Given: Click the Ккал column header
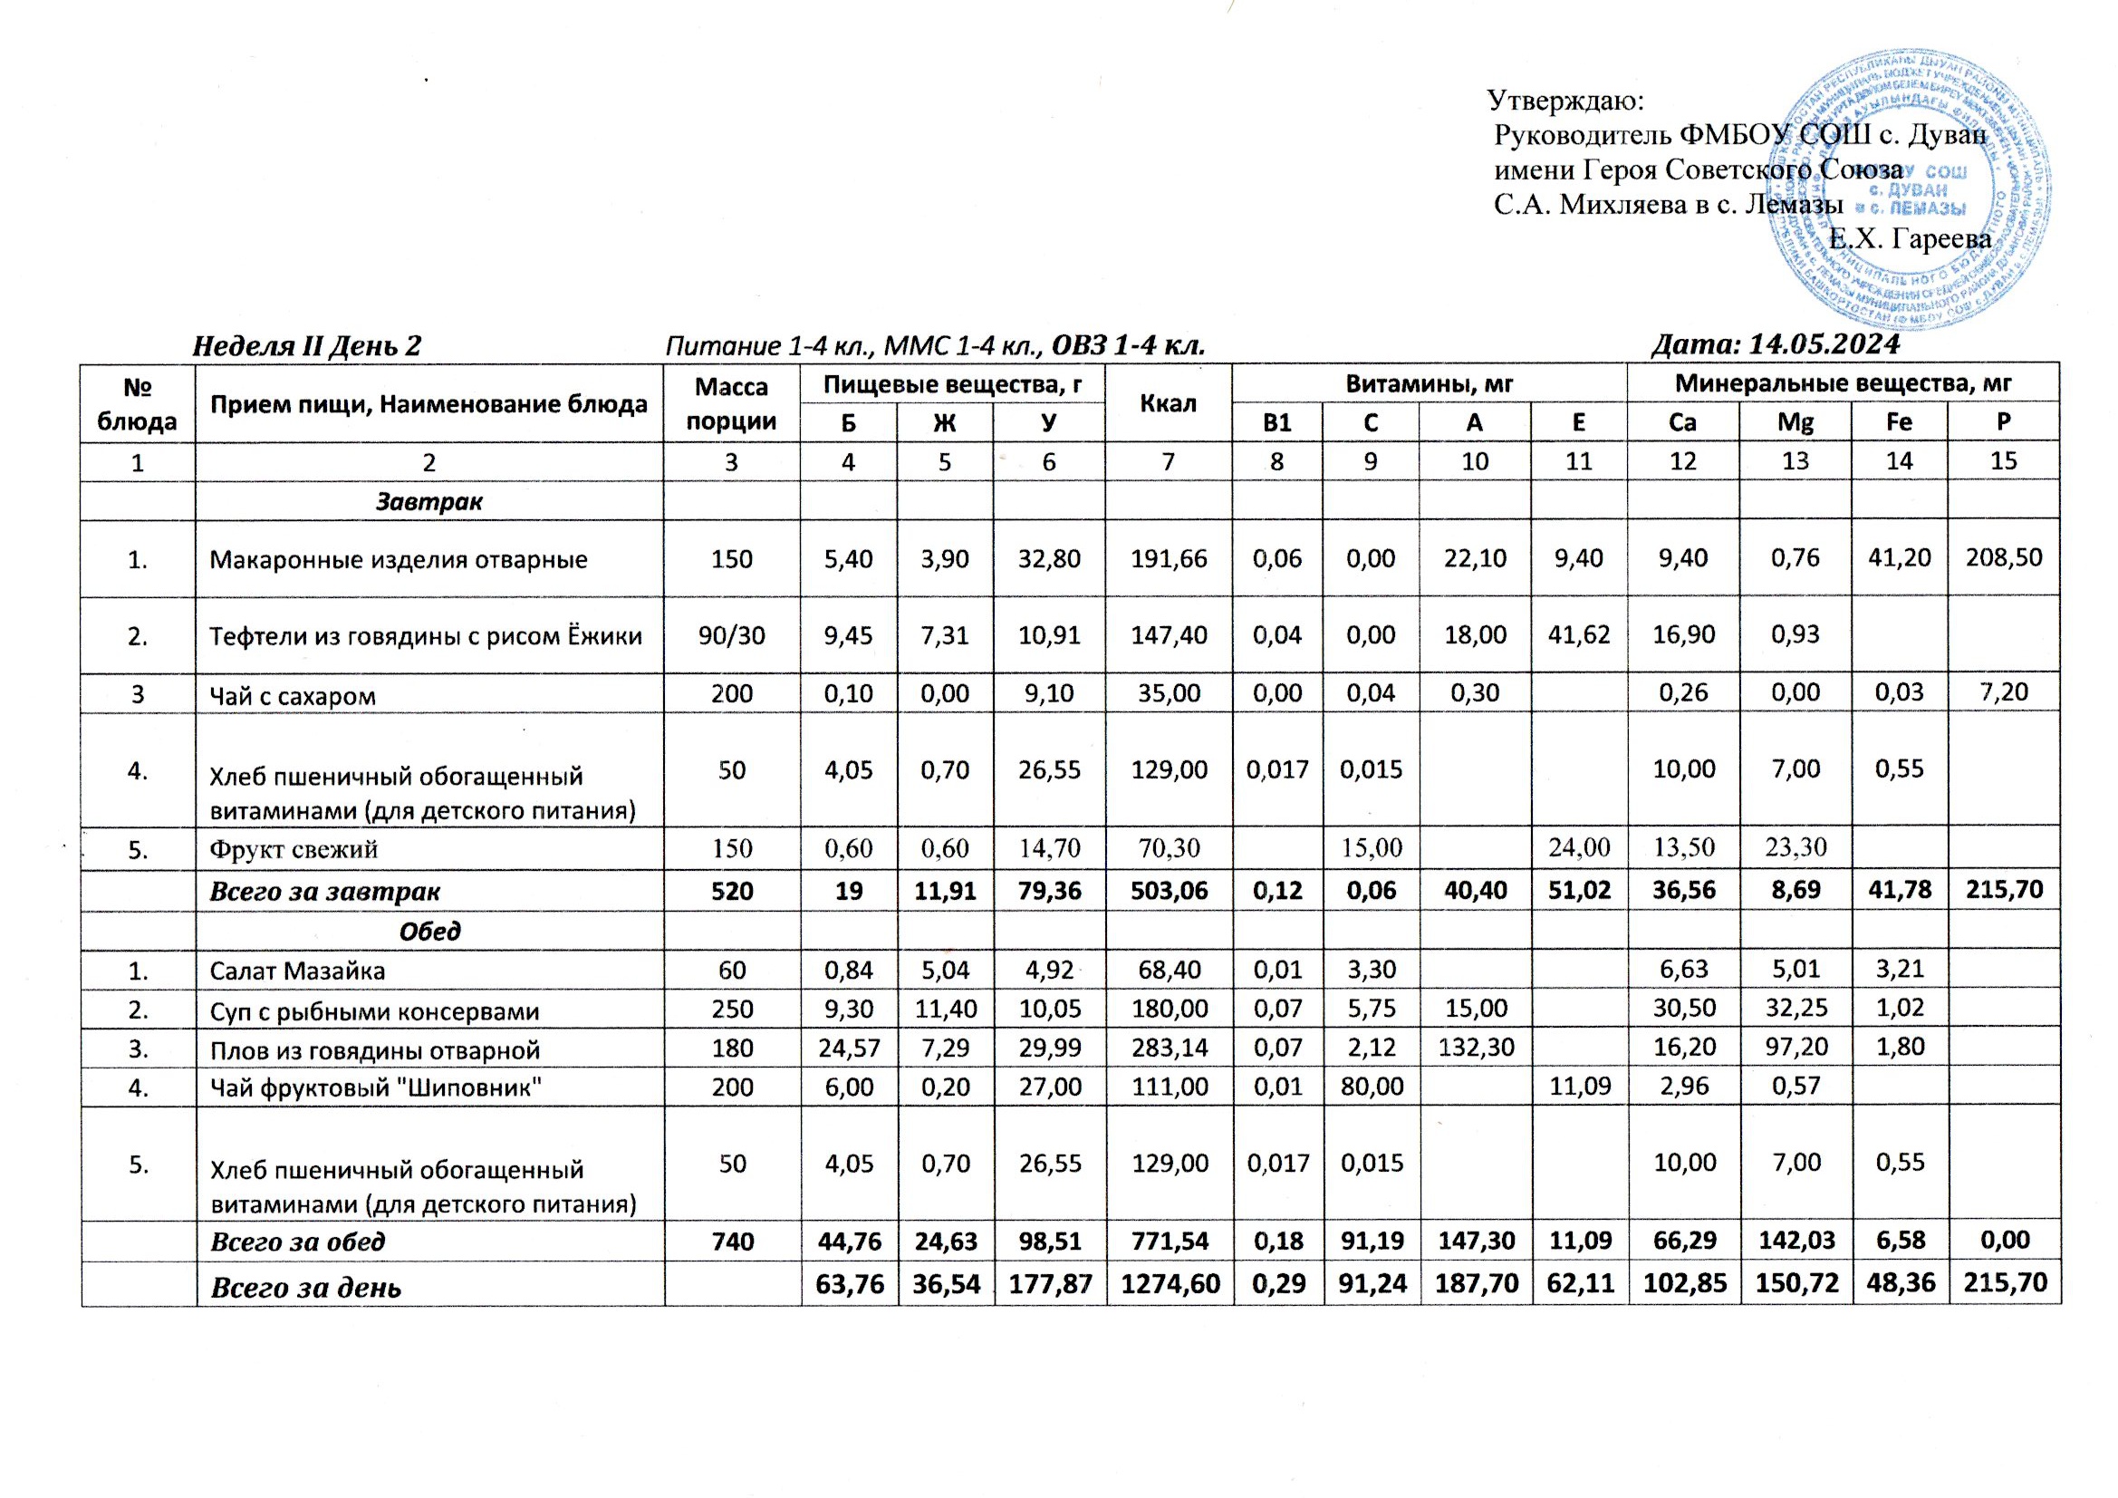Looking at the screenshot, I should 1168,403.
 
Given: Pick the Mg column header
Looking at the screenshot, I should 1795,422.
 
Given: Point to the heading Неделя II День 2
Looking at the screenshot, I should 306,346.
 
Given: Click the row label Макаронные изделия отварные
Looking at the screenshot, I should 398,559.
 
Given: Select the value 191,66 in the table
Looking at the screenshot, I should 1168,557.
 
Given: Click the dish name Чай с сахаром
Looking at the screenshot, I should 293,695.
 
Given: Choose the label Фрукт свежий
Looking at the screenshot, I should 294,848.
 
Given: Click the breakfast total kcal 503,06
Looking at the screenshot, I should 1168,891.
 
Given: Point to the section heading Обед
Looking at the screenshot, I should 429,932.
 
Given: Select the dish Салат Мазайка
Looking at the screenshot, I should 297,971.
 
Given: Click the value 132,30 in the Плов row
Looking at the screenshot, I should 1474,1049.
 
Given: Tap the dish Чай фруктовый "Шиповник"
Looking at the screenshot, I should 375,1087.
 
